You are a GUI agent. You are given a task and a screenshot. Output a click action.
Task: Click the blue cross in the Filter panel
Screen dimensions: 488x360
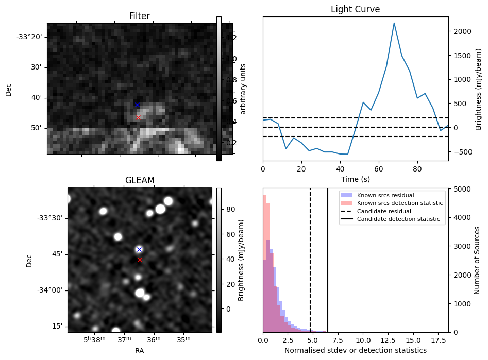(x=137, y=105)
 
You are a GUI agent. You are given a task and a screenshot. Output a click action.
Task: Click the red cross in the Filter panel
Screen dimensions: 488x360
(x=139, y=117)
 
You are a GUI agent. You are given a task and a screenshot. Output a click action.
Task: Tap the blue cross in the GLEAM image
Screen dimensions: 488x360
(x=140, y=250)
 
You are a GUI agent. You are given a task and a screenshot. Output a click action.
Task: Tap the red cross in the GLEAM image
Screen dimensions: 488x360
(x=140, y=260)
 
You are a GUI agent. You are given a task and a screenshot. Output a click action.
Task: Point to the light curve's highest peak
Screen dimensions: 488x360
(x=394, y=23)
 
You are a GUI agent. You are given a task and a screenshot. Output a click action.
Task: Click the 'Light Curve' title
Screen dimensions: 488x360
(x=355, y=9)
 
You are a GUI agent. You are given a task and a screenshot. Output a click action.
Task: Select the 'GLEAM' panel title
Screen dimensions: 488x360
(x=140, y=180)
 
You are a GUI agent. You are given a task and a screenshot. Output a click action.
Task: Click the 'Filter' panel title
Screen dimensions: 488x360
(x=140, y=16)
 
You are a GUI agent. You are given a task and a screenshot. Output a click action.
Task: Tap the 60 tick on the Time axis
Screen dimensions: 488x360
(x=379, y=169)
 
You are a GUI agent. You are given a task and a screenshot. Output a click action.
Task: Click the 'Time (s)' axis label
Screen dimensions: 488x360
(x=356, y=179)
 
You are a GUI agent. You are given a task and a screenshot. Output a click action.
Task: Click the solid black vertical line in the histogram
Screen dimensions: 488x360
(x=328, y=260)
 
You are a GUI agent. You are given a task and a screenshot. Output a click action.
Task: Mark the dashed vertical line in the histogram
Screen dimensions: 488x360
(x=310, y=260)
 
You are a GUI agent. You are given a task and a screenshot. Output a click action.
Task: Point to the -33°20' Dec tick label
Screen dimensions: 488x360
(x=29, y=37)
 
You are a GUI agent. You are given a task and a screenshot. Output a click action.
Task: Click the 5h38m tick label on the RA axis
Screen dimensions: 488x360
(x=94, y=339)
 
